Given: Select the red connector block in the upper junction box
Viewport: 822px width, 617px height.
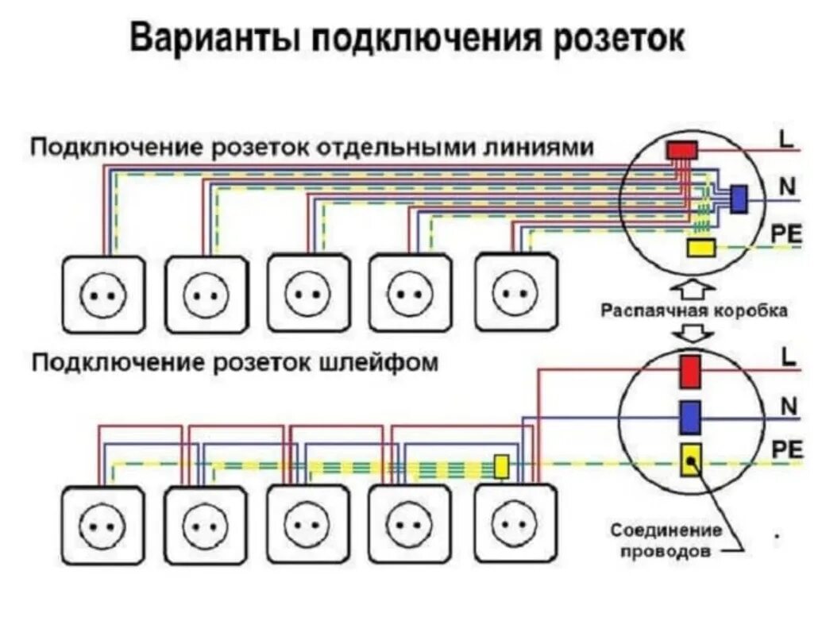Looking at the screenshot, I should [681, 150].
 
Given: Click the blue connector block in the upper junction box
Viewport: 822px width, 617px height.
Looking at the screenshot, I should [739, 199].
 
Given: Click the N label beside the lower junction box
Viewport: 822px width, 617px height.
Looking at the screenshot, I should [788, 407].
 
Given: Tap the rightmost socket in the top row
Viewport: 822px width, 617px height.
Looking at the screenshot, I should [516, 291].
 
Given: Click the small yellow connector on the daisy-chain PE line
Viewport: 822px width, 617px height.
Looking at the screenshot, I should [502, 466].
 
